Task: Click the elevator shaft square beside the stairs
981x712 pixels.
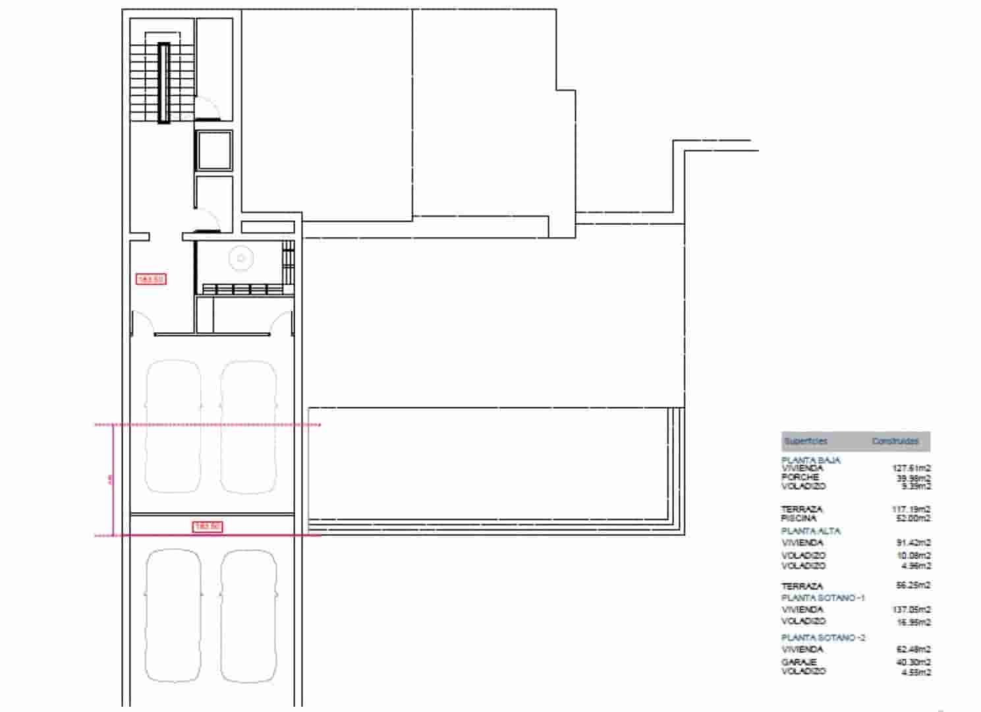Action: click(x=213, y=150)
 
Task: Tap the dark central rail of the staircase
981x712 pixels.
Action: click(x=163, y=83)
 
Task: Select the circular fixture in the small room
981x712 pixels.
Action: click(x=241, y=258)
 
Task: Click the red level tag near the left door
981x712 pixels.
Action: click(x=151, y=280)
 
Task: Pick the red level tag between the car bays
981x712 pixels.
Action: click(x=208, y=526)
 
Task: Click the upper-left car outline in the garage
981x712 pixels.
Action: click(x=173, y=427)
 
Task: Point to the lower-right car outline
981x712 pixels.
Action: click(x=248, y=616)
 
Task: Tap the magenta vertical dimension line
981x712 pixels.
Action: click(x=114, y=480)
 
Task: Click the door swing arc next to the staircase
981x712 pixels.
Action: click(x=208, y=107)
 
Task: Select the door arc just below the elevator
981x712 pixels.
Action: click(x=209, y=218)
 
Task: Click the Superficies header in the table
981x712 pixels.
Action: click(x=805, y=441)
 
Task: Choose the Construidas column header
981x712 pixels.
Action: click(x=895, y=441)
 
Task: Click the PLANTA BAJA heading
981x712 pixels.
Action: click(x=811, y=460)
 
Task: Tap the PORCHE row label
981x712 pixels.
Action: click(x=800, y=477)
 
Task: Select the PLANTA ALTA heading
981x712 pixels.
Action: click(x=811, y=531)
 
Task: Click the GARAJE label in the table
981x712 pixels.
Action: click(x=799, y=662)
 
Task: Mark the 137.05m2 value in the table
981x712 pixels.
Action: click(x=911, y=610)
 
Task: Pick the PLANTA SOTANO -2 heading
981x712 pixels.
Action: click(x=824, y=638)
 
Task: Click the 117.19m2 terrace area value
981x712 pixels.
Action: click(x=911, y=509)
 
